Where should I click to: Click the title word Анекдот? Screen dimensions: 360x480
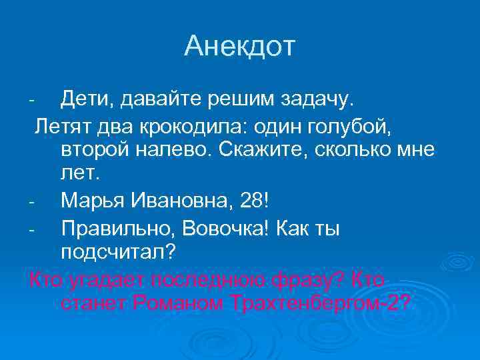[x=239, y=46]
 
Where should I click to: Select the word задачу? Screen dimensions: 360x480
[x=319, y=101]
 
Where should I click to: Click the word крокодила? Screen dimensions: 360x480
[x=207, y=125]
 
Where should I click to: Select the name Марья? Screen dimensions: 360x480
[x=91, y=199]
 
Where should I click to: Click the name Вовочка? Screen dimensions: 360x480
[x=226, y=229]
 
